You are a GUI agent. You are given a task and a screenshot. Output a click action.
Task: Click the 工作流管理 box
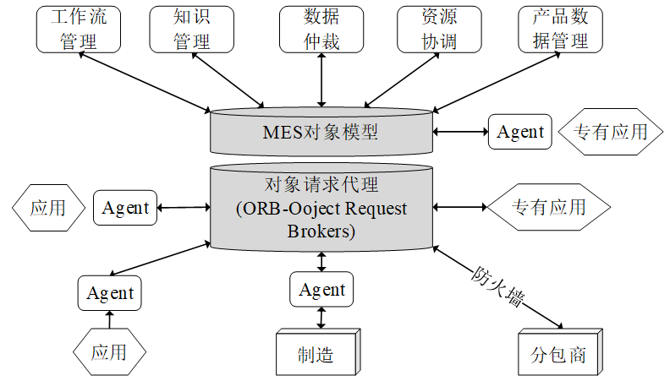click(79, 30)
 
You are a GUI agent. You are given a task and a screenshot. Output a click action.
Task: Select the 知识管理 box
click(191, 30)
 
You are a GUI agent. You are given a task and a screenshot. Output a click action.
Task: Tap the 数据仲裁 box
click(321, 30)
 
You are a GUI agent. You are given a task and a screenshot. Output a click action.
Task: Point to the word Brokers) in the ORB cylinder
click(321, 231)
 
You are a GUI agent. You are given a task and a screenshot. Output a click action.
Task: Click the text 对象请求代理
click(321, 184)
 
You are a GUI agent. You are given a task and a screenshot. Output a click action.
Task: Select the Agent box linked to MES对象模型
click(520, 132)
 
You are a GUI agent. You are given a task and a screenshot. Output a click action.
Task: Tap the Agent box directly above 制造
click(321, 290)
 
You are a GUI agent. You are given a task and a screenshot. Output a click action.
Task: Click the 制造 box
click(316, 354)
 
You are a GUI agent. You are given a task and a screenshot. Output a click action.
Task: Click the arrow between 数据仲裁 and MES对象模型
click(321, 79)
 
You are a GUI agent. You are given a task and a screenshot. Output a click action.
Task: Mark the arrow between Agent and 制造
click(321, 318)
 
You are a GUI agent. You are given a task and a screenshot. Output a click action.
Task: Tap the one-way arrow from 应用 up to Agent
click(109, 319)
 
